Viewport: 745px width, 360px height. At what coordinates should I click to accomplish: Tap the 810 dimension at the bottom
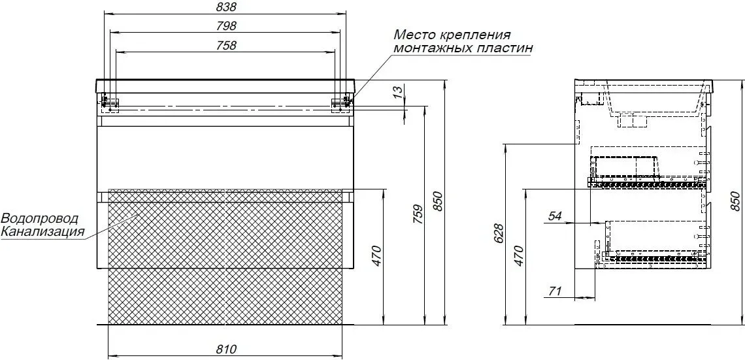coord(226,350)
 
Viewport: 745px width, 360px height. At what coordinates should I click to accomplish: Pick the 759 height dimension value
coord(418,216)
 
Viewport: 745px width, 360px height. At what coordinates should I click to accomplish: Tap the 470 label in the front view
coord(377,256)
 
